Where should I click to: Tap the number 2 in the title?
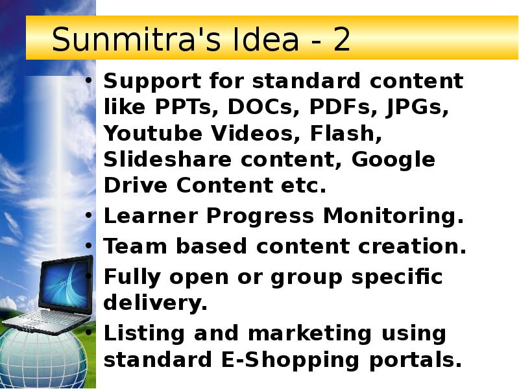341,41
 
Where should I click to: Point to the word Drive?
132,185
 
